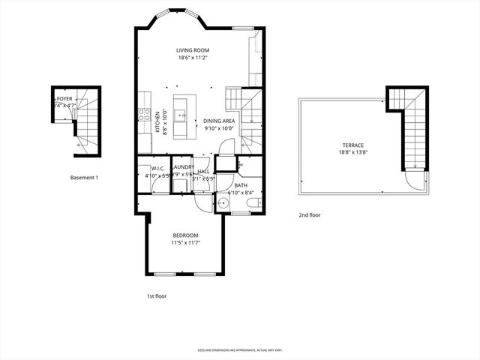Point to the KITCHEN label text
tap(157, 121)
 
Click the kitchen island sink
tap(181, 115)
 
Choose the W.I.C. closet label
tap(157, 168)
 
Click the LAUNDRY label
tap(184, 166)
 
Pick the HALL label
tap(203, 172)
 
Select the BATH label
tap(241, 184)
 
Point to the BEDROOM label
tap(185, 235)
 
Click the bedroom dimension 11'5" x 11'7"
tap(185, 243)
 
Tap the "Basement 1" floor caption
tap(84, 178)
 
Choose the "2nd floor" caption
tap(310, 215)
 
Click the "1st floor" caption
tap(156, 296)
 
